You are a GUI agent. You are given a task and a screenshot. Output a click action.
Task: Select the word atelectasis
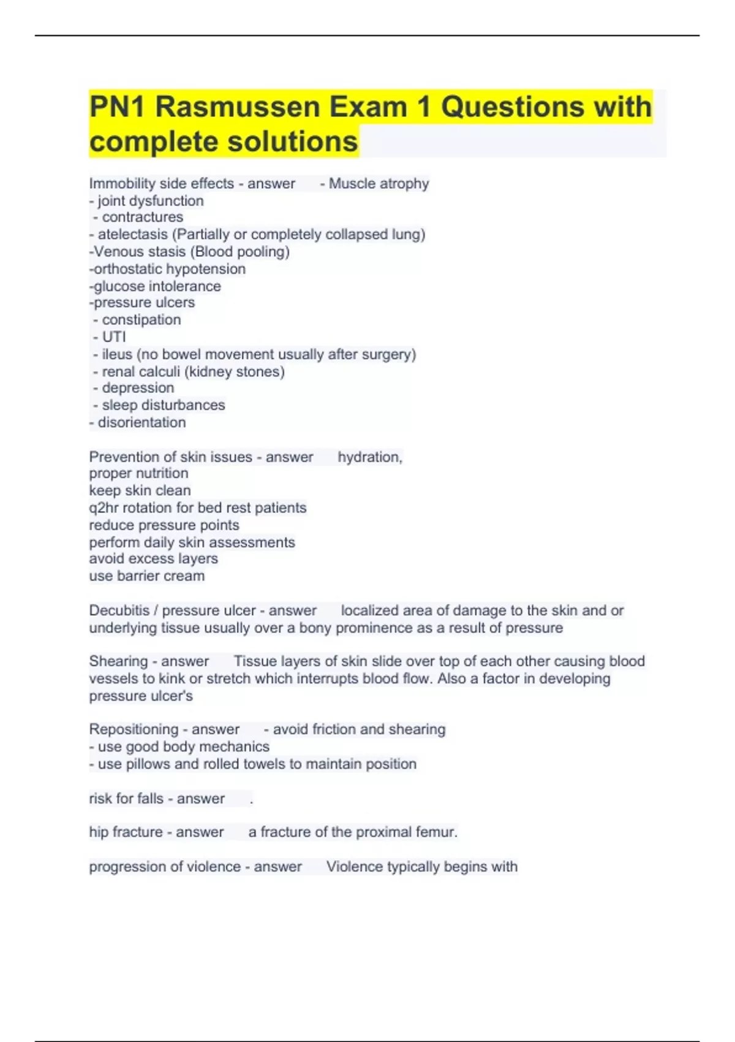[x=132, y=234]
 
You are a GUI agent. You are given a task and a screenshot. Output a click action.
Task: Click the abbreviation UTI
[x=114, y=337]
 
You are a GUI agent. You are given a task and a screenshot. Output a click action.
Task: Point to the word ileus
[x=117, y=354]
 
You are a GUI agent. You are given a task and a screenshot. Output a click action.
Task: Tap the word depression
[x=138, y=388]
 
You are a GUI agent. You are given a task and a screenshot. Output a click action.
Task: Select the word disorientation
[x=141, y=422]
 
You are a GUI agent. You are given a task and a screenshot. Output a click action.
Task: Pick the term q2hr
[x=104, y=508]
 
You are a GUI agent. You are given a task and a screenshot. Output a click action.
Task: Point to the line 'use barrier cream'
[x=147, y=576]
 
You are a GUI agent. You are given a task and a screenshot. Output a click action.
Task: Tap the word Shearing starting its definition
[x=118, y=661]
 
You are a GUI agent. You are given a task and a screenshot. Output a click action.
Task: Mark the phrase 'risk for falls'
[x=126, y=799]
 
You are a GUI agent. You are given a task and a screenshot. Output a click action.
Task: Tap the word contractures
[x=142, y=217]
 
